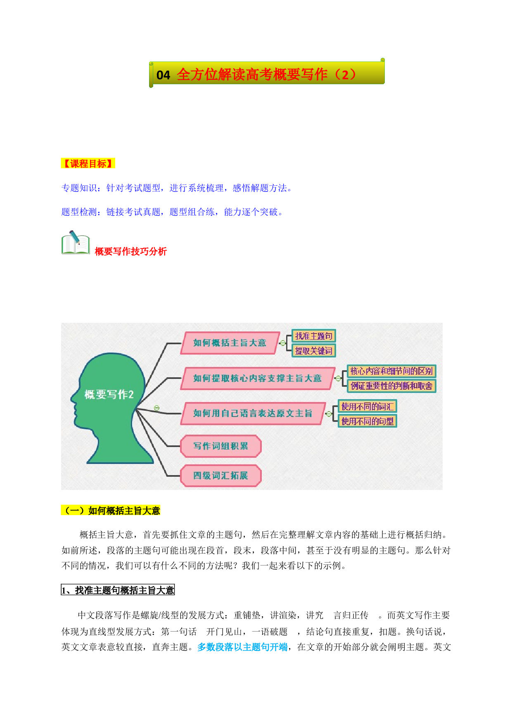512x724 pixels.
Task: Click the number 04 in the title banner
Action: click(163, 75)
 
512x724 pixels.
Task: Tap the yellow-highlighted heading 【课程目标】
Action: click(88, 163)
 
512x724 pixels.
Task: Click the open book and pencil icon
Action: click(76, 243)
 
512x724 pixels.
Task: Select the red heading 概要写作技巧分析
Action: click(130, 251)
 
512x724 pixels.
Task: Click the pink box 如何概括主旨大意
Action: click(230, 343)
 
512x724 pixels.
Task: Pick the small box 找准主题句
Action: click(313, 336)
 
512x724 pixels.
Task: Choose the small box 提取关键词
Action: click(313, 350)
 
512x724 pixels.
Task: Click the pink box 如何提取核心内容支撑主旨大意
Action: click(257, 378)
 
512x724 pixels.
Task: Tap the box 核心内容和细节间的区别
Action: click(391, 371)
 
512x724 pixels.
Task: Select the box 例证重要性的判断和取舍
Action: click(391, 386)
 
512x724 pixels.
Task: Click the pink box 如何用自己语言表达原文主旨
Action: click(253, 413)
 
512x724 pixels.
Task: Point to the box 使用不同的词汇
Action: click(367, 406)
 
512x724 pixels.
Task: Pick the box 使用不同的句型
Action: click(367, 421)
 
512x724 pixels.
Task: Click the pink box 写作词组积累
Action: click(221, 446)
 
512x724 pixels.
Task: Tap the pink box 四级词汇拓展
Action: click(221, 476)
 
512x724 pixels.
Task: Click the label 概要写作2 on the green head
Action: click(109, 395)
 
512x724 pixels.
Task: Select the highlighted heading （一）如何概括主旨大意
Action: click(111, 511)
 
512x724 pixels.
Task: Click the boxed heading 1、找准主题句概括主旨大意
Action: click(118, 590)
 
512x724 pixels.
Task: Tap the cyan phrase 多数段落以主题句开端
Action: click(242, 647)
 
